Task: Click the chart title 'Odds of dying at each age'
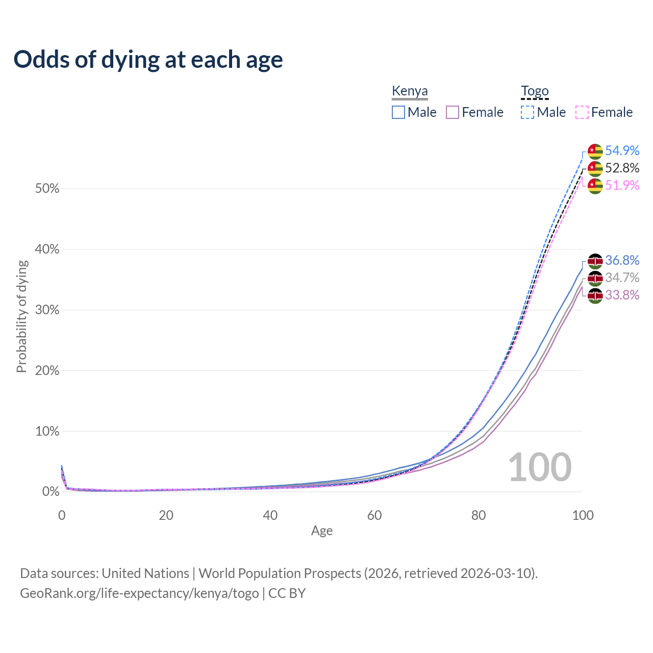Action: pos(148,60)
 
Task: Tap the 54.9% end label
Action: pos(622,150)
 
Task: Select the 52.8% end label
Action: pos(622,168)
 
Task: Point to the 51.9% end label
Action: pos(622,185)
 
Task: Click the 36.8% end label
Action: pos(622,260)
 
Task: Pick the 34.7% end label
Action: pos(622,278)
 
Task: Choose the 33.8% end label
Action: pos(622,295)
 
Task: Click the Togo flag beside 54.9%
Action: pos(595,151)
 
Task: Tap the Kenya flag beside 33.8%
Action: pos(595,295)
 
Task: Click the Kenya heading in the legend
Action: pos(410,91)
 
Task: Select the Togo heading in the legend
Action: pos(535,91)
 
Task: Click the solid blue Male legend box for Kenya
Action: pos(398,112)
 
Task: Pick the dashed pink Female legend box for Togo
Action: pos(582,112)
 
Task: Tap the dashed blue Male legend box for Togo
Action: pos(528,112)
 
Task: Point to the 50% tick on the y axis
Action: pos(47,189)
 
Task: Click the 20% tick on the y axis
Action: pos(47,371)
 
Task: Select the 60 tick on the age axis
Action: pos(374,515)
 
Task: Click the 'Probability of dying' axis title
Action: pos(21,316)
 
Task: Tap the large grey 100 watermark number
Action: pos(540,467)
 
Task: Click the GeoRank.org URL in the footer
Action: pos(139,593)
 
